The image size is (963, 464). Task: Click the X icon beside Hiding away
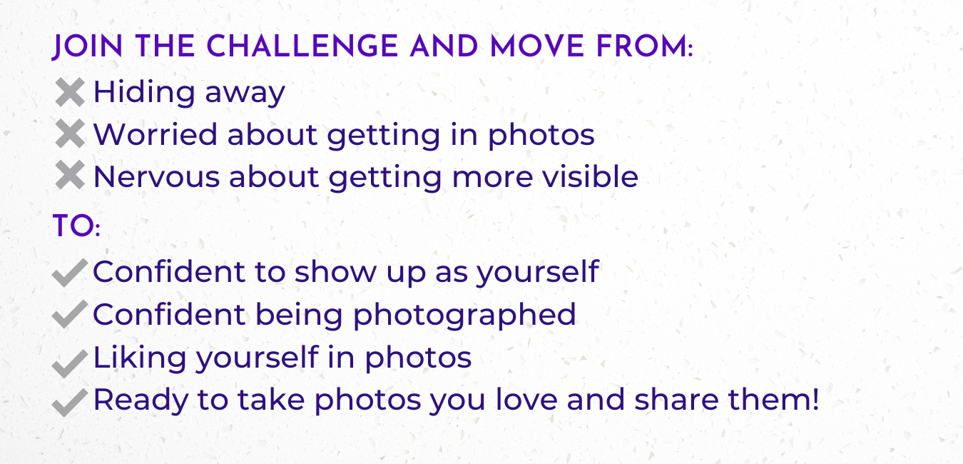click(69, 93)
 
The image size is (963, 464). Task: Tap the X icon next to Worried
click(69, 135)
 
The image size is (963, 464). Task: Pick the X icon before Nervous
click(69, 177)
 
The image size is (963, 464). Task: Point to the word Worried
click(155, 134)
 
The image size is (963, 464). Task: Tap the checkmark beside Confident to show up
click(69, 273)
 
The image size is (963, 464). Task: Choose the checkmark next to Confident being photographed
click(69, 316)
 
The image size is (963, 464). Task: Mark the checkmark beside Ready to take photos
click(69, 402)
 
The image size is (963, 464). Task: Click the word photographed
click(464, 315)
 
